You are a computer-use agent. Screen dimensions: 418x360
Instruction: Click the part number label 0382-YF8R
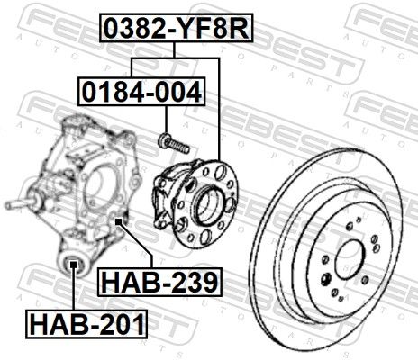(177, 28)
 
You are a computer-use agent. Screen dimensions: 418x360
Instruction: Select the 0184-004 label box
(141, 92)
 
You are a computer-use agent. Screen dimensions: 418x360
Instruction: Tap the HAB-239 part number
(159, 282)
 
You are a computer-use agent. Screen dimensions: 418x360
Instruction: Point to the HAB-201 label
(86, 324)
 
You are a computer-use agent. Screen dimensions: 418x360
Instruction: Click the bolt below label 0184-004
(174, 143)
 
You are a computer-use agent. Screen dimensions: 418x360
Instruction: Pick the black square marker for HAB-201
(73, 265)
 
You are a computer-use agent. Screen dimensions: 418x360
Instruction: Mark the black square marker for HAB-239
(119, 221)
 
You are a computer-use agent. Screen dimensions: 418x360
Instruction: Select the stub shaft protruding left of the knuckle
(20, 204)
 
